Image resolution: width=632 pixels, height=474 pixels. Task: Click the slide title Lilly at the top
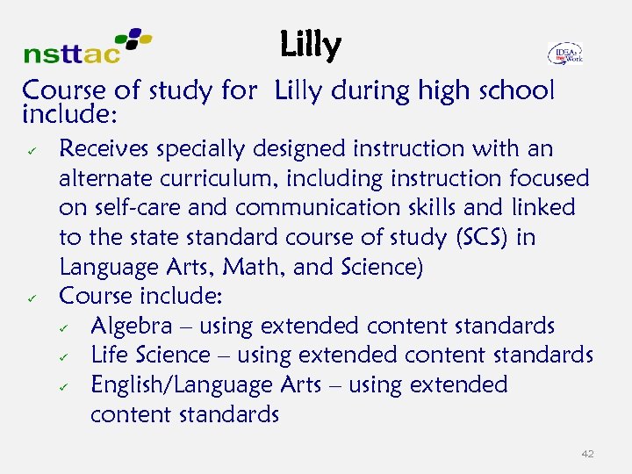(x=310, y=46)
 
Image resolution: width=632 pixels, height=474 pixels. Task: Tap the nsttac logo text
(x=72, y=54)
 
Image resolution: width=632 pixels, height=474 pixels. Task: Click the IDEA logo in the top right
(x=565, y=54)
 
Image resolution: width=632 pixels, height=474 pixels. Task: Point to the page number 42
(x=587, y=454)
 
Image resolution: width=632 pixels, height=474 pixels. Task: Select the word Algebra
(x=132, y=327)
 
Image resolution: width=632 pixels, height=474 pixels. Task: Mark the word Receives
(x=99, y=149)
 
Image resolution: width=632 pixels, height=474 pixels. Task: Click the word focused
(x=549, y=178)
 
